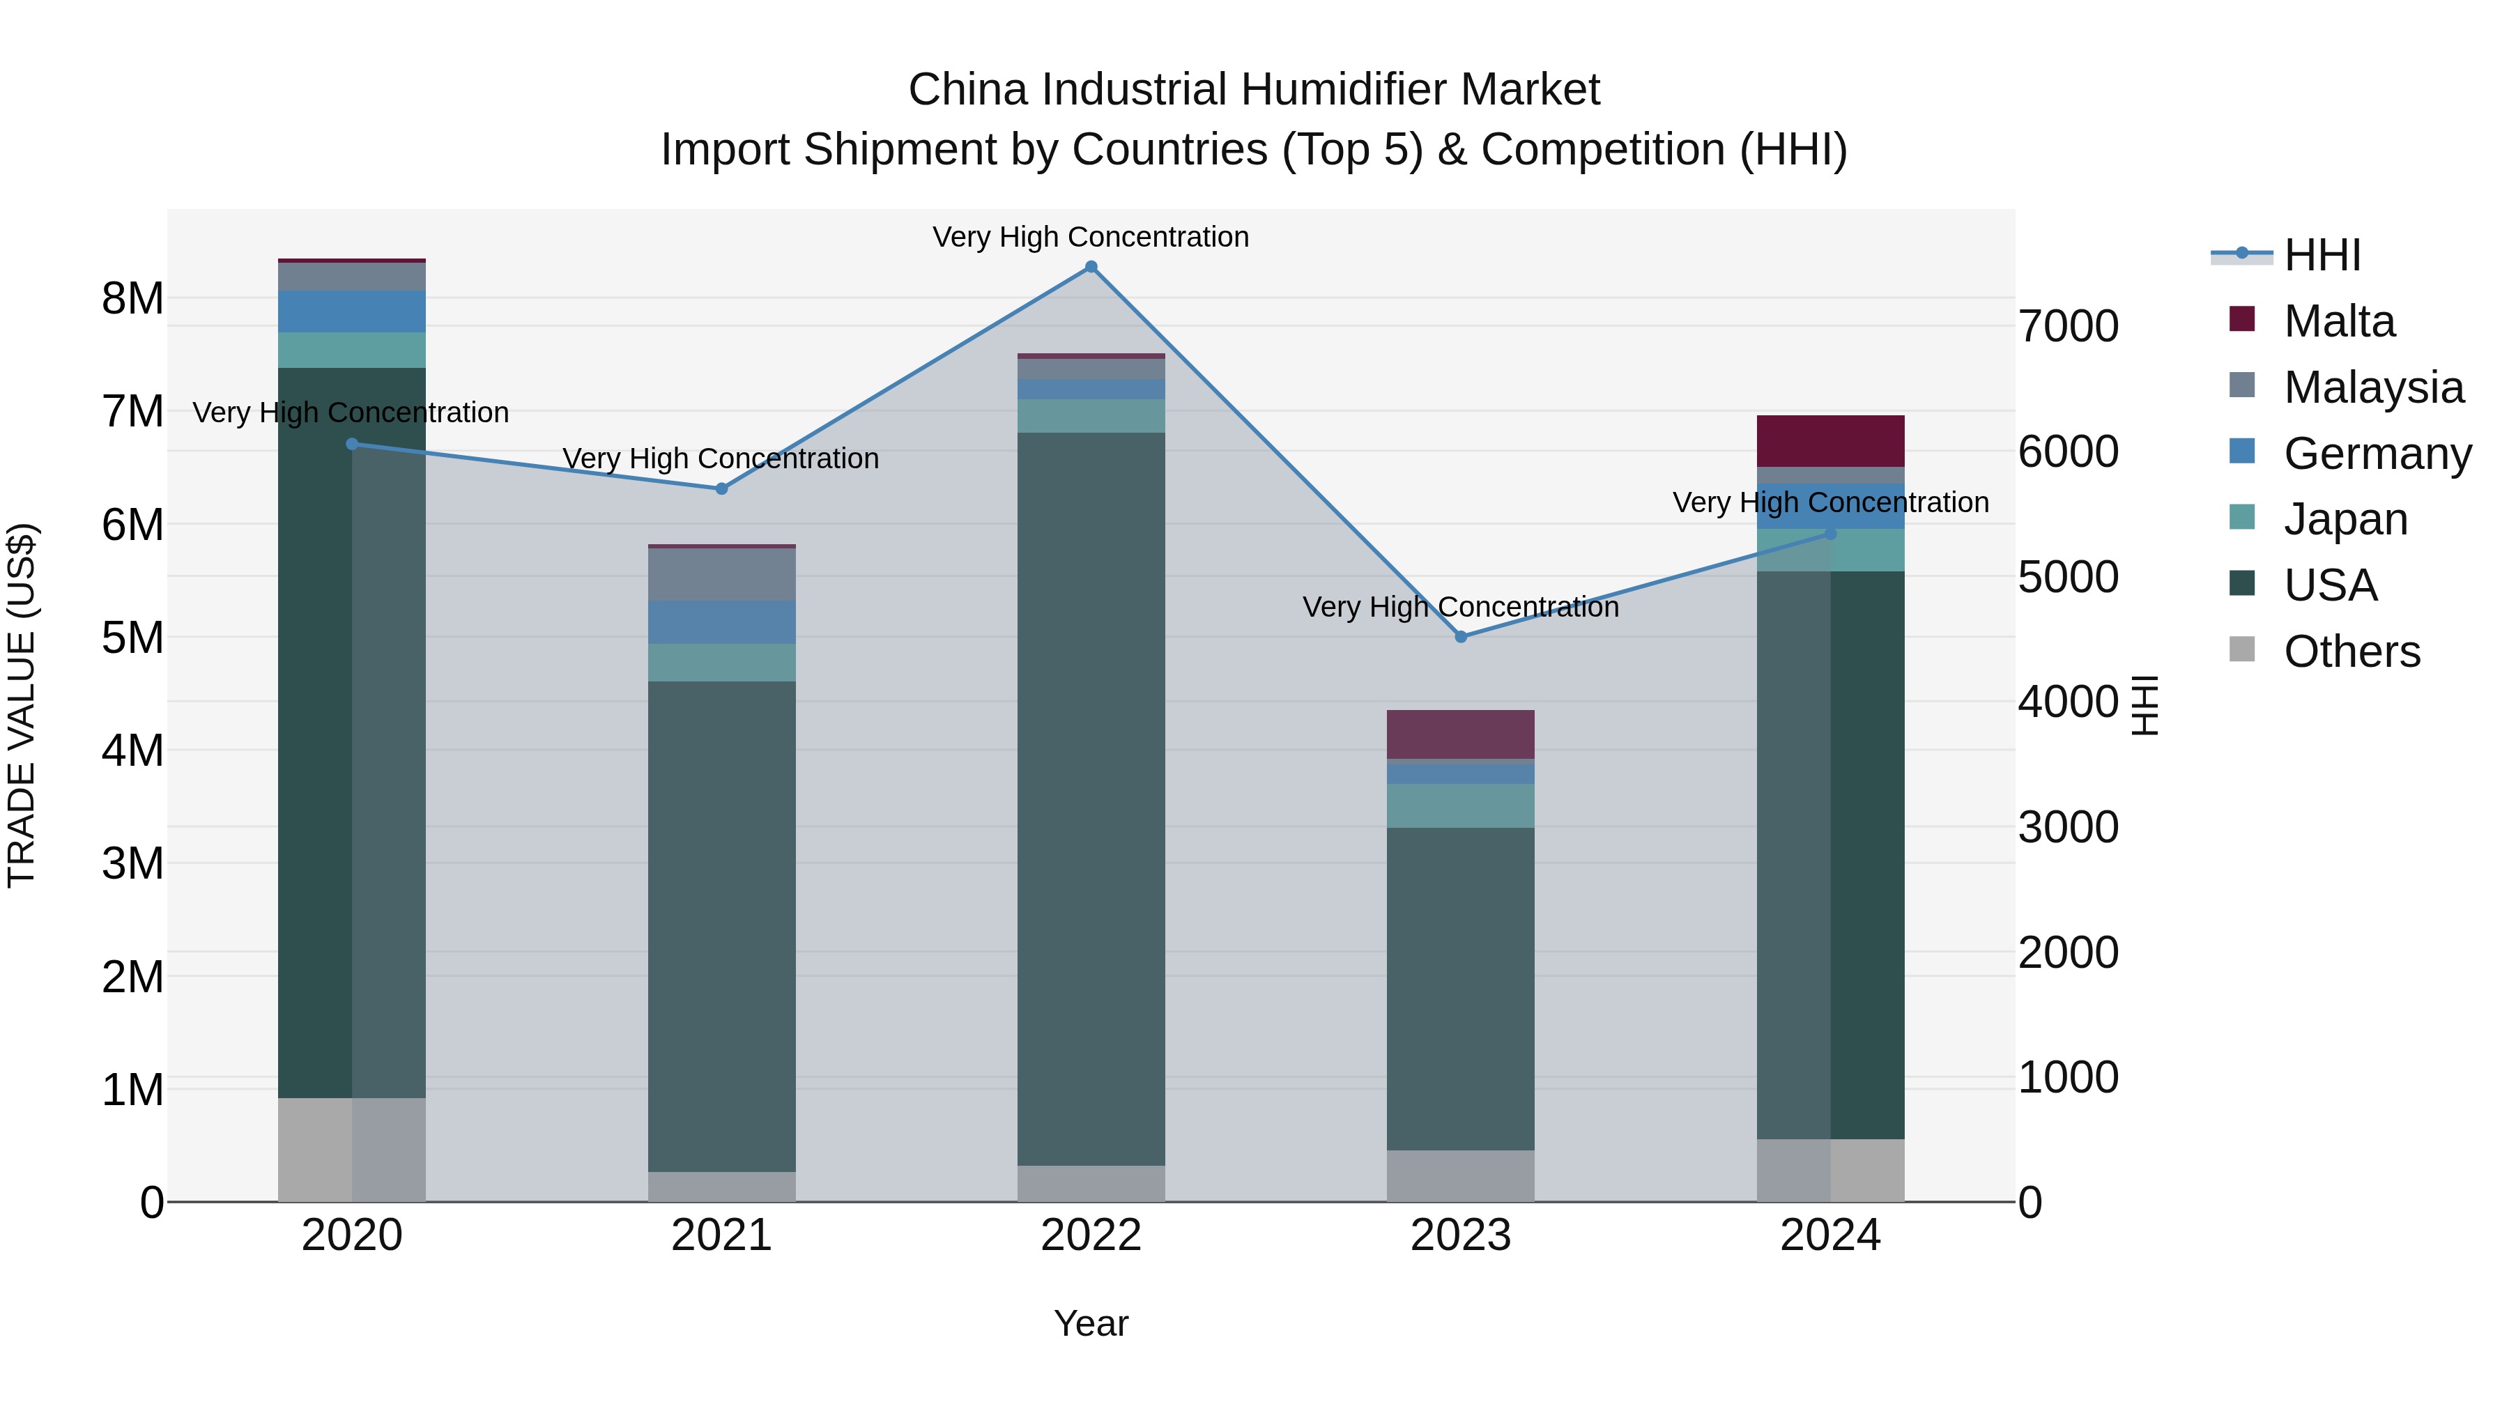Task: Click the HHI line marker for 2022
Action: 1091,267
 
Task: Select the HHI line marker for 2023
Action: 1460,637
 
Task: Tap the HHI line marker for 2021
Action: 722,489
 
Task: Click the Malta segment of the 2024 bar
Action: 1830,441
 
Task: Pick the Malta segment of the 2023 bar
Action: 1460,734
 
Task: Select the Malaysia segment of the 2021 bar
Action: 722,575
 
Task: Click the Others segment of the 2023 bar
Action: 1460,1175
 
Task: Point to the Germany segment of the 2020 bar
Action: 352,311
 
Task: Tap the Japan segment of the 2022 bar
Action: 1091,416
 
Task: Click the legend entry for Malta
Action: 2338,321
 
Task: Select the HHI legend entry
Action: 2321,255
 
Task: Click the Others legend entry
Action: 2350,651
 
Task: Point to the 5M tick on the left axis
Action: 132,638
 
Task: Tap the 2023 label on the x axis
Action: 1460,1235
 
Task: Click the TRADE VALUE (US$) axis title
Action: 22,705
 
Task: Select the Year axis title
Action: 1091,1323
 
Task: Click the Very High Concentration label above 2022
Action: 1091,237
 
